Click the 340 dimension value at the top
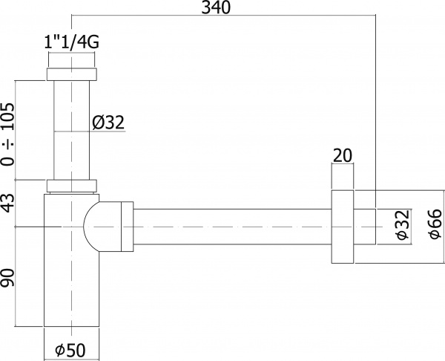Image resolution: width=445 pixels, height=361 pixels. click(215, 9)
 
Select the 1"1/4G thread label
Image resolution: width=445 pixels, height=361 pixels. click(72, 43)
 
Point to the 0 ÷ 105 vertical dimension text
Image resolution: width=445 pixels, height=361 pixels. click(8, 131)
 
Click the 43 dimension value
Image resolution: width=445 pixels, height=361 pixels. click(8, 203)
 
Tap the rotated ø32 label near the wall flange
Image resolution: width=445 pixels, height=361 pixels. click(400, 226)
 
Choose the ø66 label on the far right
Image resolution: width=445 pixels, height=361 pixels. click(435, 226)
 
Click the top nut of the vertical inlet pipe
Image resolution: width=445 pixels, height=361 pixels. click(72, 74)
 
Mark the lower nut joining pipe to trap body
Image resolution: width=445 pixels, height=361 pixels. click(72, 186)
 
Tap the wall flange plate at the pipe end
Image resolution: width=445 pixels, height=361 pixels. click(342, 226)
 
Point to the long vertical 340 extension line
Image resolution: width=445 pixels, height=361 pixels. click(375, 111)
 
